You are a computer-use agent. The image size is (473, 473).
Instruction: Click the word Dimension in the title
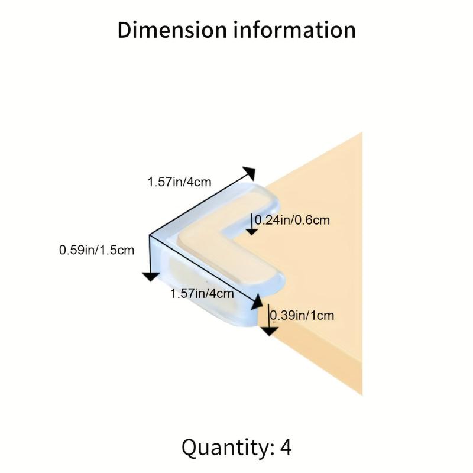point(171,30)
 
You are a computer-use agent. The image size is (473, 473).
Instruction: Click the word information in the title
point(294,30)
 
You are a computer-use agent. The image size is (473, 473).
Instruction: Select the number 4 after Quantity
point(286,448)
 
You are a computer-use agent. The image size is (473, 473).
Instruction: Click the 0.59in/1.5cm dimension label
point(96,250)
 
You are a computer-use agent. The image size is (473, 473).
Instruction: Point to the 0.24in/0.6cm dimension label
point(292,220)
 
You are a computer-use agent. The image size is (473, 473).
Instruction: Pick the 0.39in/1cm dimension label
point(302,315)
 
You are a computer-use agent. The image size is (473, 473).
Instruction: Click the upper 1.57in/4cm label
point(179,182)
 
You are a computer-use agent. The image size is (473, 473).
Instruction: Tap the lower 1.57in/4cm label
point(202,293)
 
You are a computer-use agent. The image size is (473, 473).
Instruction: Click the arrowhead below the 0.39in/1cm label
point(269,331)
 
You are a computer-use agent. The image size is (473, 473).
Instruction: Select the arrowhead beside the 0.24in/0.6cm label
point(252,232)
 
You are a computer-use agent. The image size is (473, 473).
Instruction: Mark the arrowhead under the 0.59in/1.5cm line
point(151,276)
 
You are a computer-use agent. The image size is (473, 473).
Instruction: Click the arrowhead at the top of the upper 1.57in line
point(250,173)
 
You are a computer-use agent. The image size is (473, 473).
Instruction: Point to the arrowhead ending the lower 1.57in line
point(257,302)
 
